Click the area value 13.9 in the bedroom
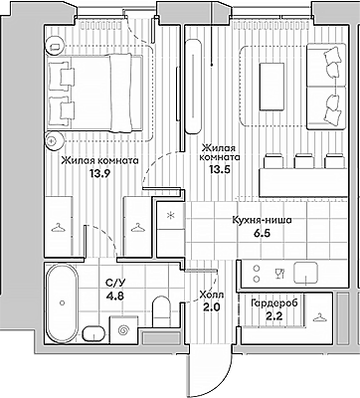97,173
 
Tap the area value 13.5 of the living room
220,169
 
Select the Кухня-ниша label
262,220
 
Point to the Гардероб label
274,302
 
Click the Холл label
212,295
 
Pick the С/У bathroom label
115,283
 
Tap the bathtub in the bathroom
62,302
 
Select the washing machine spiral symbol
123,330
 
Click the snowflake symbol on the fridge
170,216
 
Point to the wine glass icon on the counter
279,274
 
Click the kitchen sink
306,273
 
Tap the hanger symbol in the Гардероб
319,317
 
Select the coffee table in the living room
271,87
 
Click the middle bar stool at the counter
304,160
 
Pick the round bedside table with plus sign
54,140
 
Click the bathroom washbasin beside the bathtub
93,333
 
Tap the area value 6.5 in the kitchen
262,233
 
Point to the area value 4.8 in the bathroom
114,296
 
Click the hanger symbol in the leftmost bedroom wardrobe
59,228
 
